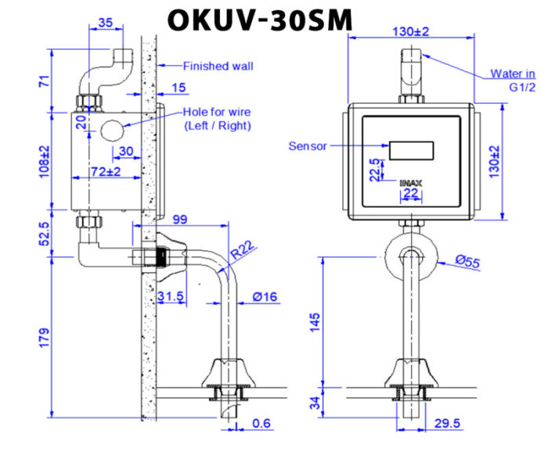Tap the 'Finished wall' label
tap(218, 66)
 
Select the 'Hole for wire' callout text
tap(217, 112)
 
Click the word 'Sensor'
tap(307, 145)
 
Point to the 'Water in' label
tap(513, 74)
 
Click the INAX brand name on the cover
tap(410, 183)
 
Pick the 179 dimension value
tap(45, 338)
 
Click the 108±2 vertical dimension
tap(45, 159)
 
